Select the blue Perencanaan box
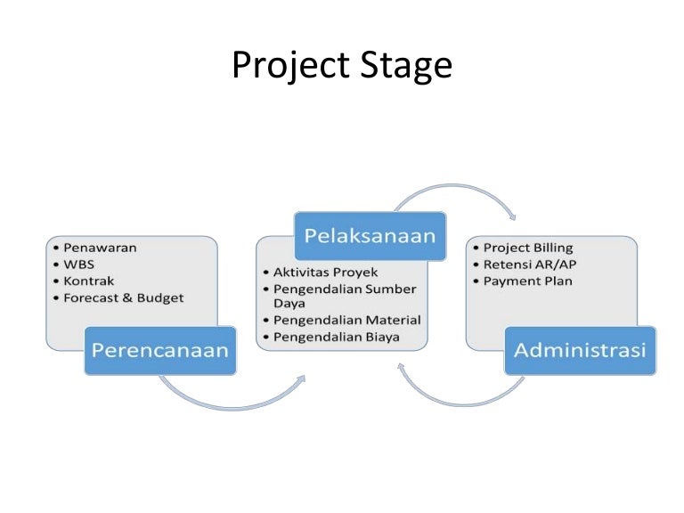tap(160, 350)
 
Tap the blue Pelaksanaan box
tap(370, 235)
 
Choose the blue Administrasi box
tap(580, 350)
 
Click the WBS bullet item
tap(78, 265)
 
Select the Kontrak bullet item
tap(89, 281)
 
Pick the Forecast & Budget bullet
tap(123, 297)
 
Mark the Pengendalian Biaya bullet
tap(336, 337)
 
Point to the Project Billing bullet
tap(527, 248)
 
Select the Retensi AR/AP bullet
tap(528, 265)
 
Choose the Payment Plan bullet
tap(527, 281)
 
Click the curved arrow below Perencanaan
tap(232, 396)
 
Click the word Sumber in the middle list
tap(392, 288)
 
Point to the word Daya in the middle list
tap(289, 303)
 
